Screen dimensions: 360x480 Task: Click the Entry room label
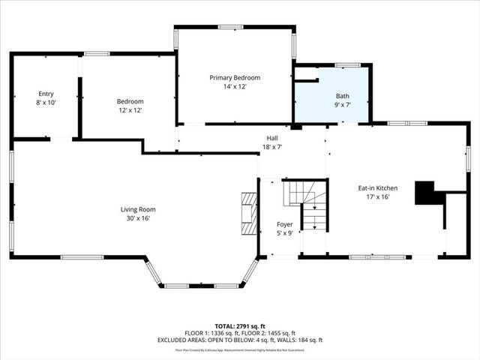click(46, 94)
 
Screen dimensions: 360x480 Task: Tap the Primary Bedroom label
click(235, 78)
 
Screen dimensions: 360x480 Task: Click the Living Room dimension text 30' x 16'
click(138, 218)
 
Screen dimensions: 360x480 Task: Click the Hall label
click(272, 138)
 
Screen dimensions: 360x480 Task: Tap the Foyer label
click(284, 224)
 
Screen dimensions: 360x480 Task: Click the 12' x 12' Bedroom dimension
click(130, 110)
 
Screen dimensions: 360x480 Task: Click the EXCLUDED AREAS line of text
click(239, 340)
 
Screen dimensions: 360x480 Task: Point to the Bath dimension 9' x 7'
click(342, 105)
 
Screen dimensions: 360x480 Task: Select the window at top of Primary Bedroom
click(230, 28)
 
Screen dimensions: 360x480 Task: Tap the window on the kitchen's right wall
click(468, 158)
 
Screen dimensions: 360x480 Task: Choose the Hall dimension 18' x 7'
click(272, 147)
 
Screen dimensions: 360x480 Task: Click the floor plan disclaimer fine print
click(239, 349)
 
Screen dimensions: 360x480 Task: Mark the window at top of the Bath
click(347, 65)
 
